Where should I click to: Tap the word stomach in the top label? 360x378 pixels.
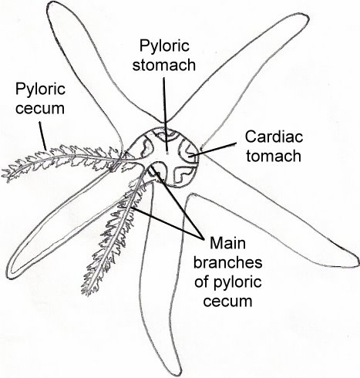pos(164,65)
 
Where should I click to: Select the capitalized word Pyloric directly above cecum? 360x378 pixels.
pos(40,90)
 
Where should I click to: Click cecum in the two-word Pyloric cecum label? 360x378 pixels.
pos(40,109)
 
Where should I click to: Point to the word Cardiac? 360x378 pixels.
pos(274,137)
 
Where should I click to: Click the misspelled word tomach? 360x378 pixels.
pos(274,156)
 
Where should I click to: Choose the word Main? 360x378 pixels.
pos(227,243)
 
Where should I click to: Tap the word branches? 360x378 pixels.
pos(227,262)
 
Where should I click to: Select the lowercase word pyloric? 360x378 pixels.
pos(236,283)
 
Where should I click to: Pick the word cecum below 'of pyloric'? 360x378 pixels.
pos(227,301)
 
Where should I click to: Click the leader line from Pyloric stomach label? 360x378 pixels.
pos(165,114)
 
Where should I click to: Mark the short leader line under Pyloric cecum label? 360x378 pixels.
pos(43,136)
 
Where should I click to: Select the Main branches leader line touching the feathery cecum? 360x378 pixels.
pos(167,223)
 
